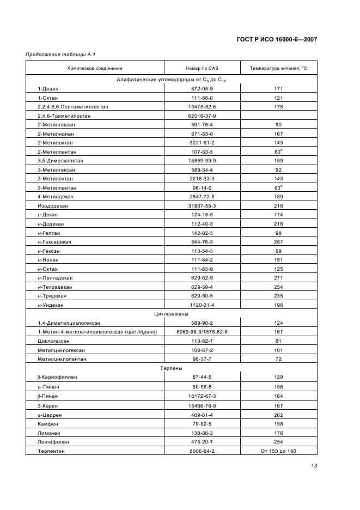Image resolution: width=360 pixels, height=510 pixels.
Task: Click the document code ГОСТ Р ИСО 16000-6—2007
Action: click(277, 39)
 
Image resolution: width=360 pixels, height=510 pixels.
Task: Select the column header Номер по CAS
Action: click(202, 68)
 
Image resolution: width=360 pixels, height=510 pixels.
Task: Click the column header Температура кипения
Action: click(278, 68)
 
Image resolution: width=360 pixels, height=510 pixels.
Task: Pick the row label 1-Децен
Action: click(47, 88)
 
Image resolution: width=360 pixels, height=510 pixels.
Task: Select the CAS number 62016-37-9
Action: click(202, 116)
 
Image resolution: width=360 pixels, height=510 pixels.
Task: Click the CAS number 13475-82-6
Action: click(202, 107)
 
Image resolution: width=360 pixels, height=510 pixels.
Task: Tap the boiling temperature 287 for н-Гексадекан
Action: click(278, 241)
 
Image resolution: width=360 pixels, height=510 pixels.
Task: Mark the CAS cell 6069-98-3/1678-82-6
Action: click(202, 332)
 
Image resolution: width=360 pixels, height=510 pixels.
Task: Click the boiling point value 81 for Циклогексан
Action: click(278, 341)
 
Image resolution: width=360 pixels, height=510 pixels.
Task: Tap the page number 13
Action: click(314, 465)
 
